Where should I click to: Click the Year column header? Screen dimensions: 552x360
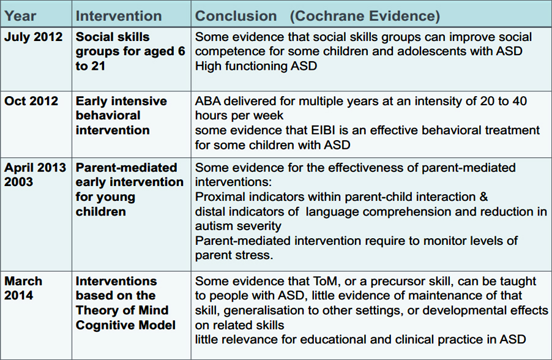pyautogui.click(x=20, y=16)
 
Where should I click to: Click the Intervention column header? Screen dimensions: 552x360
pyautogui.click(x=119, y=16)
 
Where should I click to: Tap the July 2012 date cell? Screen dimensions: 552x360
pyautogui.click(x=34, y=37)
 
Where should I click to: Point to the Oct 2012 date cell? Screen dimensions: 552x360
pyautogui.click(x=31, y=101)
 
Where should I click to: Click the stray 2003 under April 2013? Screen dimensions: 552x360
pyautogui.click(x=18, y=182)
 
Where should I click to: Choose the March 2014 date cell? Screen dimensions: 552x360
pyautogui.click(x=23, y=288)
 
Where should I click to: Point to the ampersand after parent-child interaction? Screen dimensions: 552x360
pyautogui.click(x=483, y=197)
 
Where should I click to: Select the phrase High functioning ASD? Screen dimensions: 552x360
pyautogui.click(x=256, y=66)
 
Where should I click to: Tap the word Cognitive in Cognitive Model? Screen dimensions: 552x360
pyautogui.click(x=106, y=325)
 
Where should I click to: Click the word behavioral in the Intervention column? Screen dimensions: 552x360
pyautogui.click(x=108, y=116)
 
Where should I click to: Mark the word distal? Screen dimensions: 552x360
pyautogui.click(x=210, y=211)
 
